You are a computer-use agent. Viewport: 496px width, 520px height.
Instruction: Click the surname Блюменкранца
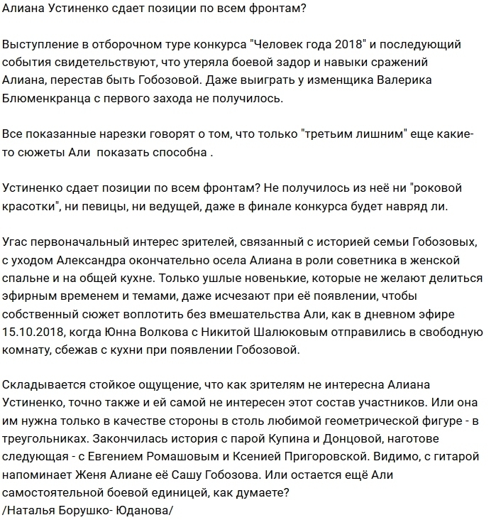51,98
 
